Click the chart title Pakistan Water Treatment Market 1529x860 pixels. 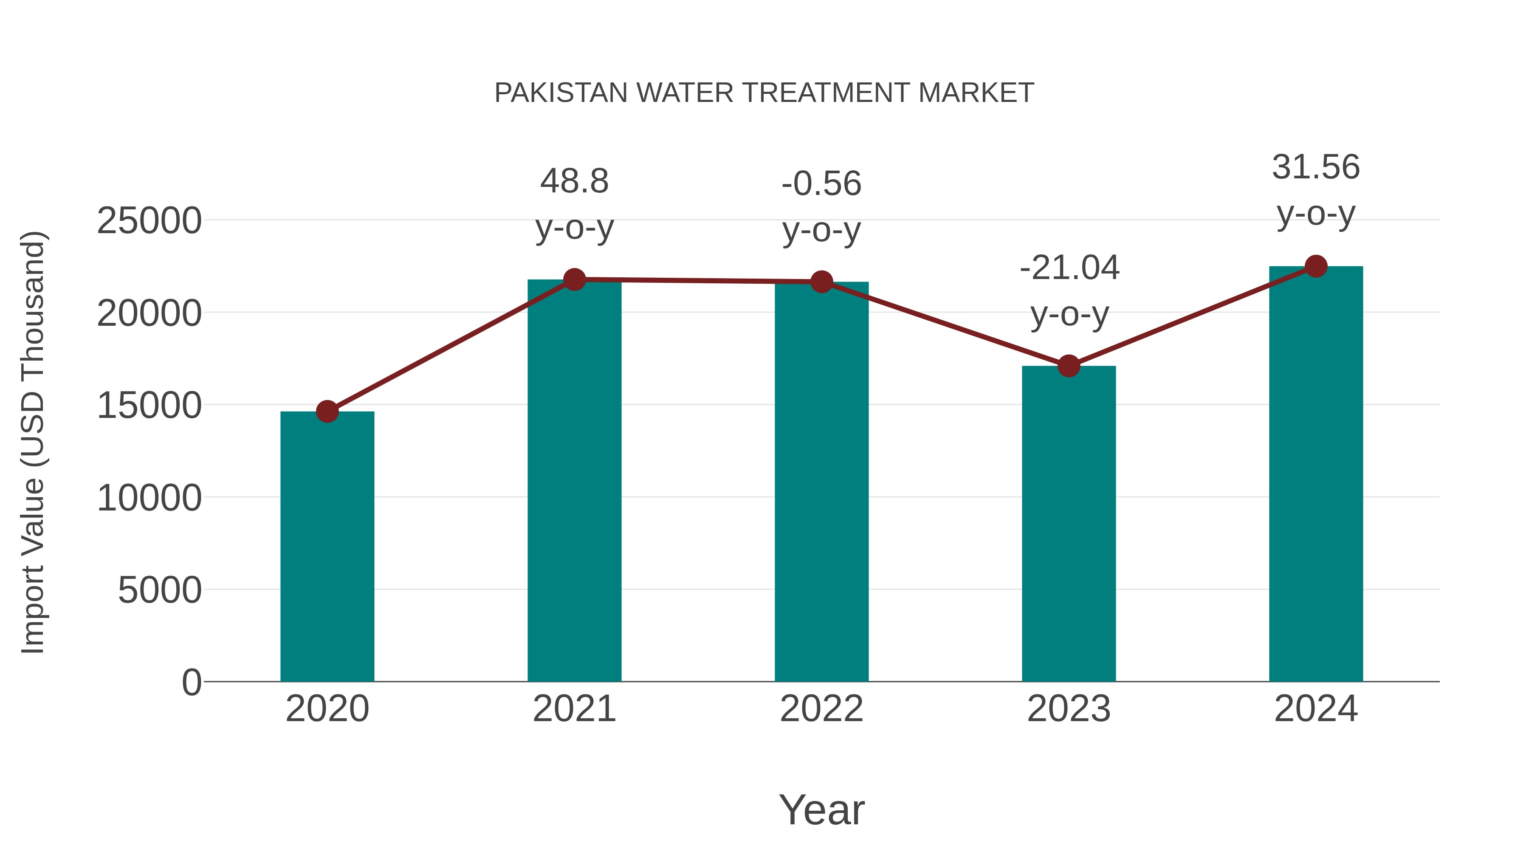764,93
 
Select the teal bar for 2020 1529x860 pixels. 327,546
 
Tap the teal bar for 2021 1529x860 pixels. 574,481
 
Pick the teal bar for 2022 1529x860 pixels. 821,482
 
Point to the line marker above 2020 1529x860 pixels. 327,411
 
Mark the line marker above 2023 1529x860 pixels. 1069,366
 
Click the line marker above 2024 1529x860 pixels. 1316,266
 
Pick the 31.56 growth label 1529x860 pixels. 1316,189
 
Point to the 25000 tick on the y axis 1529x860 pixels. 149,221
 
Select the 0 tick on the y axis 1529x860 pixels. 191,682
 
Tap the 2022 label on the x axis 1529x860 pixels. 821,709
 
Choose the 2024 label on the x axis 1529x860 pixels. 1316,709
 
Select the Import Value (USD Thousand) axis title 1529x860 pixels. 33,442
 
